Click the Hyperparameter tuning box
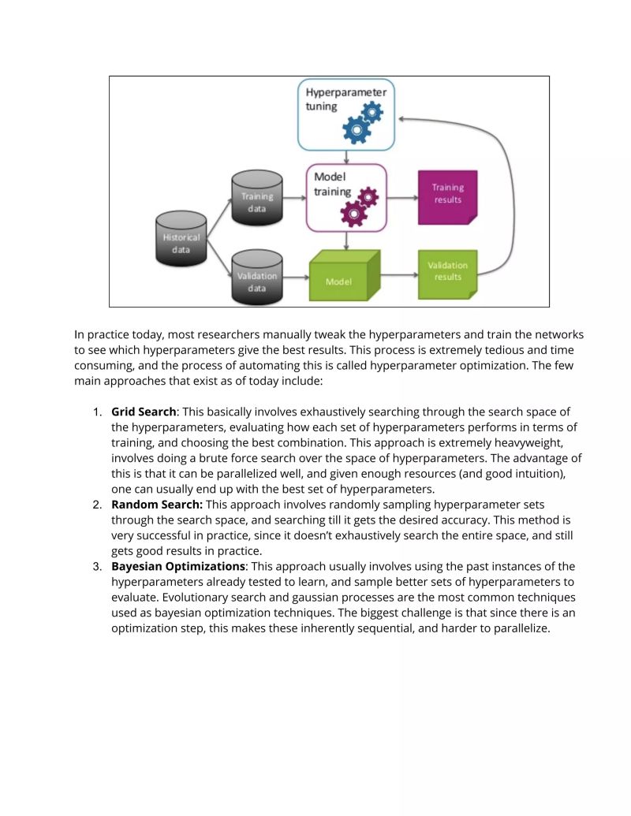(x=345, y=114)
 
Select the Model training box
(x=345, y=197)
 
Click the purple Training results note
(x=447, y=197)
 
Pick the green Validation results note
(x=447, y=274)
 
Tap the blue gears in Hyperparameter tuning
(x=363, y=122)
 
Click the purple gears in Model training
(x=359, y=207)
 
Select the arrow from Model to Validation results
(x=399, y=275)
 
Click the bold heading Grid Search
(x=143, y=412)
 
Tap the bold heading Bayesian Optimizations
(x=178, y=567)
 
